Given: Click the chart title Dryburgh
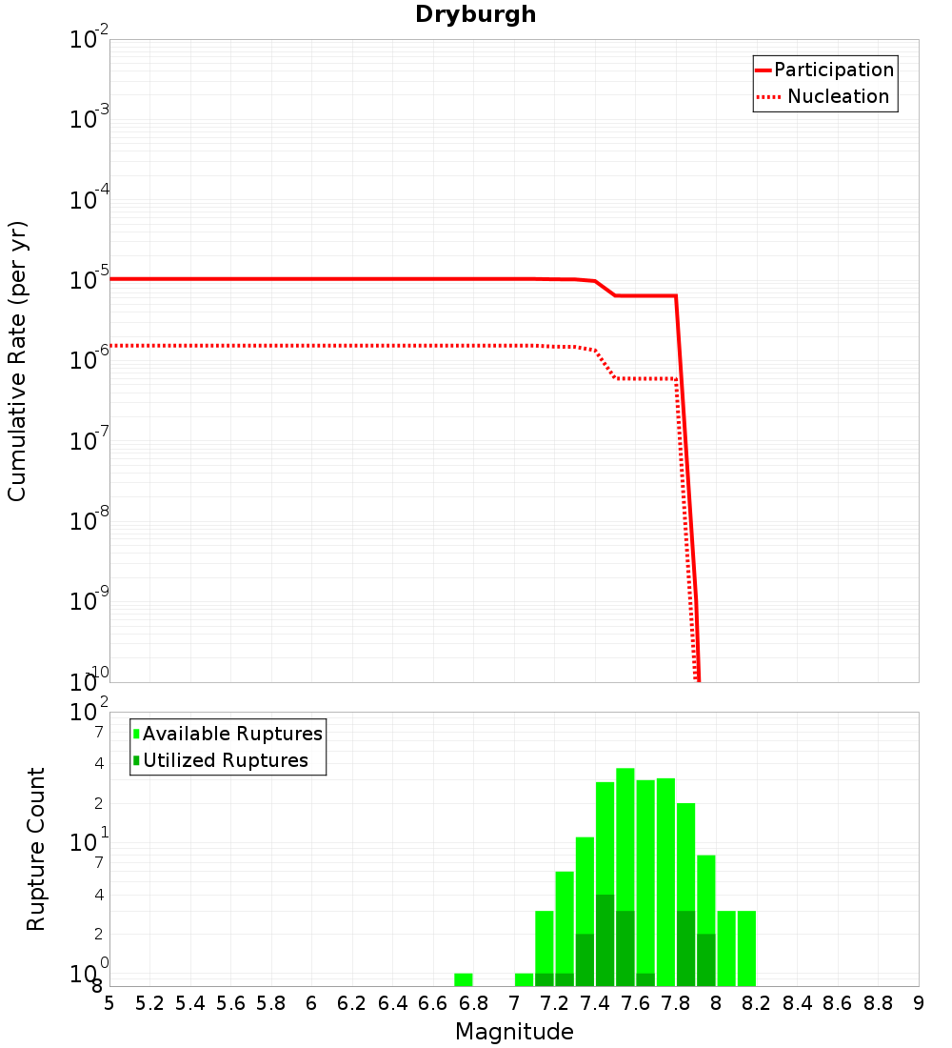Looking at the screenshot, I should pos(475,14).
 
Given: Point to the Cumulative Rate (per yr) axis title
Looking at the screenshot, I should pos(17,360).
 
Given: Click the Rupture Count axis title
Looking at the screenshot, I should pos(36,849).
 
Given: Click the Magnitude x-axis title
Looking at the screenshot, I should pos(514,1032).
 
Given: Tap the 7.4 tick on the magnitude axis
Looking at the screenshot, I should pos(595,1003).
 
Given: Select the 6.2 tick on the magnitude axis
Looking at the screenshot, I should pos(352,1003).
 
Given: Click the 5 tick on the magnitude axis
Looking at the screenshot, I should pos(109,1003).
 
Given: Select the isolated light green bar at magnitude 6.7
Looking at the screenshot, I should pos(464,979).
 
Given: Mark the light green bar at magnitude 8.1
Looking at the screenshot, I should pos(746,948).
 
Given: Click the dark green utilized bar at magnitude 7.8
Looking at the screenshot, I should pos(685,948).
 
